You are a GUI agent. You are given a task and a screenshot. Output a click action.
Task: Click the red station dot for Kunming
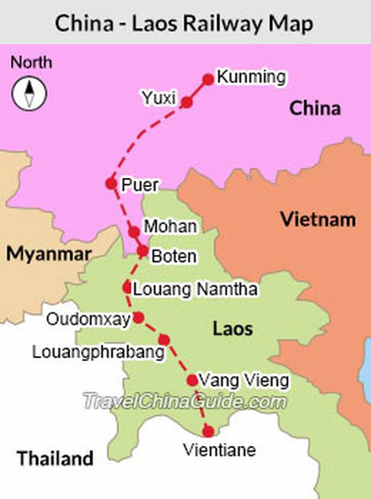[208, 79]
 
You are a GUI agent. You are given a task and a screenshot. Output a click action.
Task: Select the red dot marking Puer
[111, 184]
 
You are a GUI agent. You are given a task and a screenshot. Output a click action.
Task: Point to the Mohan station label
[170, 227]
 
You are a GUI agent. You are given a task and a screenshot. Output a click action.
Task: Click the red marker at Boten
[143, 251]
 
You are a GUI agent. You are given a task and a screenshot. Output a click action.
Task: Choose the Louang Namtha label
[195, 288]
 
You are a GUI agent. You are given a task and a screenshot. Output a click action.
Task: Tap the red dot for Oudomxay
[138, 317]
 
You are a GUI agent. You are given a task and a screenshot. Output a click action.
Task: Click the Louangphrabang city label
[99, 351]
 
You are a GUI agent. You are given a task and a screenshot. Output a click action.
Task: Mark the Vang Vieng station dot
[192, 380]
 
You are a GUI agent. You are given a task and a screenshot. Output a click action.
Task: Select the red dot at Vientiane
[208, 431]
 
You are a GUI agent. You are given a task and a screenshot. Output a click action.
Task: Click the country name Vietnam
[318, 220]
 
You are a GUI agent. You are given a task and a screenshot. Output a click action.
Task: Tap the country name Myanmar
[49, 254]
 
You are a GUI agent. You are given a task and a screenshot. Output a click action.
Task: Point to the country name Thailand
[55, 458]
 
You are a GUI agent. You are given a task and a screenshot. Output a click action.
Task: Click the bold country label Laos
[233, 329]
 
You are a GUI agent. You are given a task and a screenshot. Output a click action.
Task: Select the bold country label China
[314, 108]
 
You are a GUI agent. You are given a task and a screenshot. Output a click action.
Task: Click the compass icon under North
[29, 93]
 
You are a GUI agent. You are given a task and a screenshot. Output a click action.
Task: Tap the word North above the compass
[31, 62]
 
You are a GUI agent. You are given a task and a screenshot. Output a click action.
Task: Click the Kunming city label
[251, 77]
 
